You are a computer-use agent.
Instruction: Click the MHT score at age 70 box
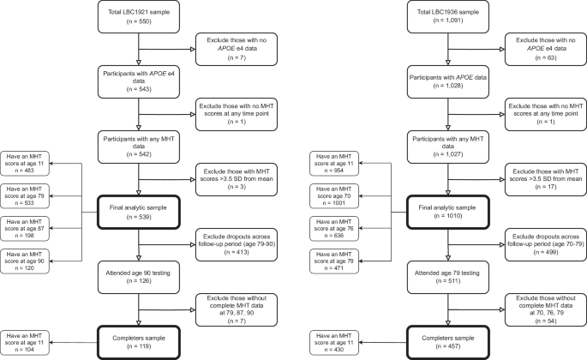[x=337, y=195]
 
